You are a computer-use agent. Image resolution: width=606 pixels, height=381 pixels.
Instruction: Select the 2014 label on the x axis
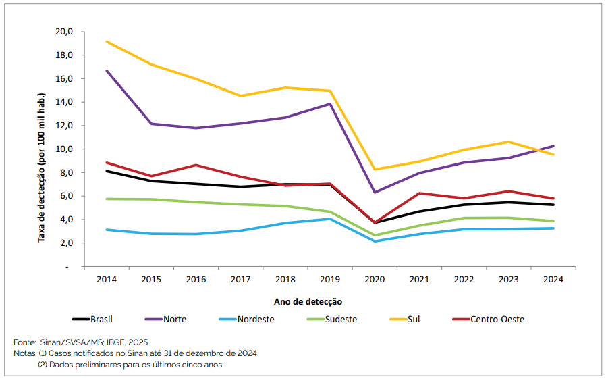106,278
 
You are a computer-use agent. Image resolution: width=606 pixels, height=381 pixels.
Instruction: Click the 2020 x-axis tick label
375,278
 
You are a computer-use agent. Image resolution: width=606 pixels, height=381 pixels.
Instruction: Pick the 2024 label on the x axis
553,278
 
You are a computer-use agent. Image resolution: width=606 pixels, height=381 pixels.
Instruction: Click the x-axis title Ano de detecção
308,301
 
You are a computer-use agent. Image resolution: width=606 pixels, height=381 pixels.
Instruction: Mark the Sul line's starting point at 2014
106,41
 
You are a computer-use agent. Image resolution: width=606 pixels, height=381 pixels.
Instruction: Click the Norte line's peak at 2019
329,104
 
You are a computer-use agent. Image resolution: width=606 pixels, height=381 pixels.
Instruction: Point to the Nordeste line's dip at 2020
375,241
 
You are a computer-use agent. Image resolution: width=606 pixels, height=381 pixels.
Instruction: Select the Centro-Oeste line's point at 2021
419,193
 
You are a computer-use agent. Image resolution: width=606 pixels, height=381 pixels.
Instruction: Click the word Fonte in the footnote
24,342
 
